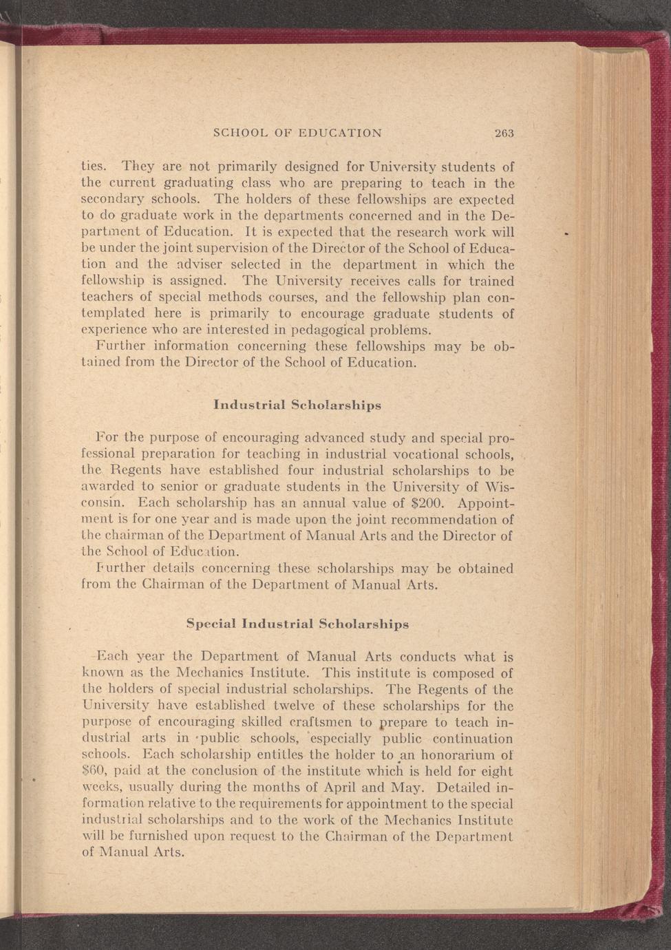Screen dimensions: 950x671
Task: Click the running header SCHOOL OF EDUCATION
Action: pyautogui.click(x=297, y=133)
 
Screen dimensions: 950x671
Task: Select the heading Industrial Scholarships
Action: pyautogui.click(x=297, y=405)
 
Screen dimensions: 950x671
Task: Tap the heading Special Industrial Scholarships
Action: pyautogui.click(x=297, y=624)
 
